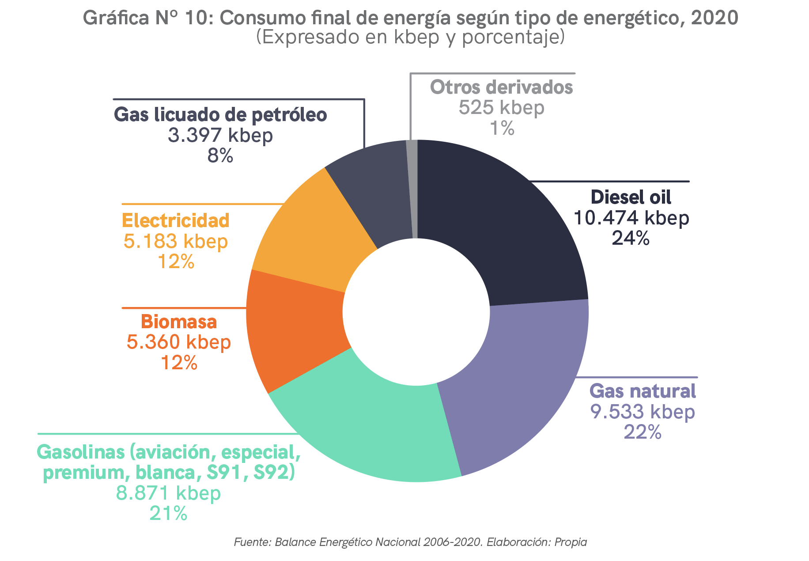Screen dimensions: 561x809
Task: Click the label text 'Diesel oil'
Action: pyautogui.click(x=631, y=197)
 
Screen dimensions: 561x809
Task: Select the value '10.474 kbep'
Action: pyautogui.click(x=631, y=218)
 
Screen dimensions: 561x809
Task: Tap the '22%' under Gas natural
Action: pyautogui.click(x=643, y=432)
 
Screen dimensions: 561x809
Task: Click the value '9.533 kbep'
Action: pyautogui.click(x=643, y=412)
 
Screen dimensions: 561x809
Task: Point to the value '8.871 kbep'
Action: pyautogui.click(x=168, y=493)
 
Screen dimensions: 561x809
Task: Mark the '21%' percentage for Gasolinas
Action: pyautogui.click(x=168, y=513)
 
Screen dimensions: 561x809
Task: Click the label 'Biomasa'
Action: pyautogui.click(x=179, y=322)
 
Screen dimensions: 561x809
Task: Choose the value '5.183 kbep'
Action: pyautogui.click(x=176, y=241)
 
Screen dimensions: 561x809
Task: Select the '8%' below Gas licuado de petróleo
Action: pyautogui.click(x=220, y=155)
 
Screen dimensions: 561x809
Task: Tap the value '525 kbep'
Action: pyautogui.click(x=501, y=107)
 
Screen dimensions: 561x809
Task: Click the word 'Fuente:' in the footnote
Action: pyautogui.click(x=252, y=542)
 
